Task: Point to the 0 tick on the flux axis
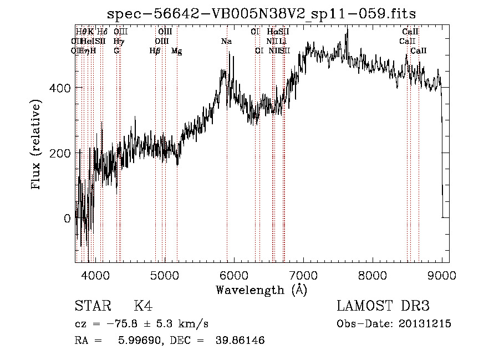coord(67,218)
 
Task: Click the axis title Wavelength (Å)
coord(261,290)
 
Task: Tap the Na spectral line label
coord(226,42)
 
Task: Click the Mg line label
coord(177,51)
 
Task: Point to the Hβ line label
coord(155,51)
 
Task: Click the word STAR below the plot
coord(92,306)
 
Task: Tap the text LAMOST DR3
coord(383,306)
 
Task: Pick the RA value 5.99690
coord(139,341)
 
